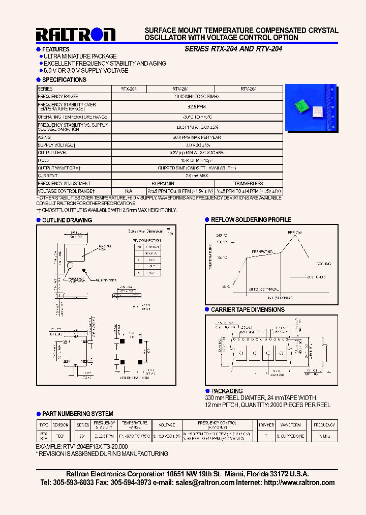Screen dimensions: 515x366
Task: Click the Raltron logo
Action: click(76, 34)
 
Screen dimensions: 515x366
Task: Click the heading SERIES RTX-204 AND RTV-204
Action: click(233, 49)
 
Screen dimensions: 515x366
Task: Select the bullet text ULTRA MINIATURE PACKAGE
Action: click(80, 56)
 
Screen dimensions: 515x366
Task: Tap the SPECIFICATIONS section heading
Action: click(64, 80)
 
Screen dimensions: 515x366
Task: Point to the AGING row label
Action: click(44, 137)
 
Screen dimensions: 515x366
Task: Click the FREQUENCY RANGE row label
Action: click(58, 96)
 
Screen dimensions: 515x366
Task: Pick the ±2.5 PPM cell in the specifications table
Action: click(197, 107)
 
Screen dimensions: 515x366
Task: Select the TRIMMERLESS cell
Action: click(249, 183)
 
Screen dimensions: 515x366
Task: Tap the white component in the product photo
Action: click(318, 110)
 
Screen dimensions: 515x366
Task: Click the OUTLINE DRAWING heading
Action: click(67, 220)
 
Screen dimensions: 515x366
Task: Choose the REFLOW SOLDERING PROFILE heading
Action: click(251, 220)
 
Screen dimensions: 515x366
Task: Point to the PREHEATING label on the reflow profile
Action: click(262, 252)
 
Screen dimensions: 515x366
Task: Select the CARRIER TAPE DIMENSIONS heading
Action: click(248, 309)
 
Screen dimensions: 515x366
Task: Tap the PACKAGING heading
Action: click(227, 391)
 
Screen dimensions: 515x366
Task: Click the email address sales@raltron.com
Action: click(203, 482)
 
